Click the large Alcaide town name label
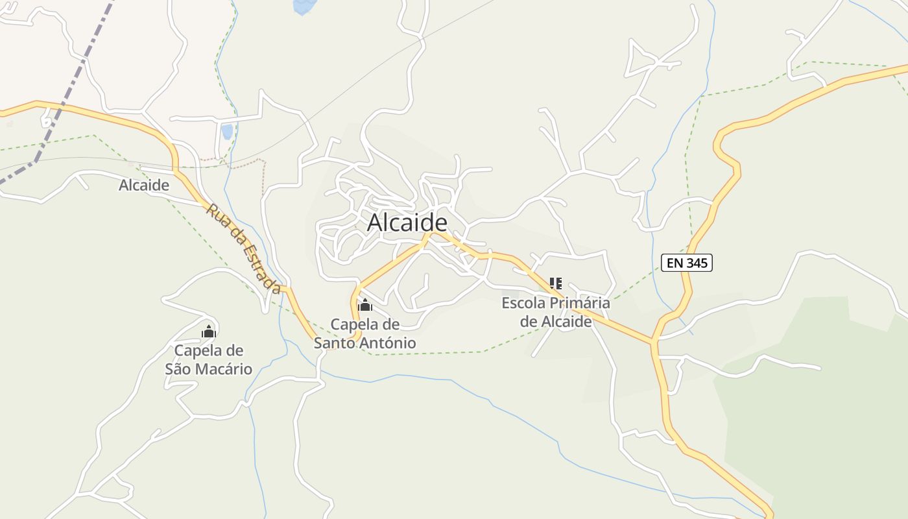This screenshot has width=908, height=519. point(407,223)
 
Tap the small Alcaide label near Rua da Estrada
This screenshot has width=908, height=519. point(144,186)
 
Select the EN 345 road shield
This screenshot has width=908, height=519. point(687,263)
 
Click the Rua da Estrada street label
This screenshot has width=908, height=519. point(244,248)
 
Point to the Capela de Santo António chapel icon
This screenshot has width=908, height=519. point(365,305)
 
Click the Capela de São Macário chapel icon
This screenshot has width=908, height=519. point(208,332)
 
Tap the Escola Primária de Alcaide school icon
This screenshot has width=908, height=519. point(556,284)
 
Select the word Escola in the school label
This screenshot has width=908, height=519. point(524,303)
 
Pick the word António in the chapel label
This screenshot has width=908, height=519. point(390,343)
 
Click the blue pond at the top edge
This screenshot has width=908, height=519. point(304,6)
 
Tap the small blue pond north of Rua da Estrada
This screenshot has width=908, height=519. point(227,132)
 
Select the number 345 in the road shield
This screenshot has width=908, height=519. point(696,263)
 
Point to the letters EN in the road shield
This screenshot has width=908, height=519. point(675,263)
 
